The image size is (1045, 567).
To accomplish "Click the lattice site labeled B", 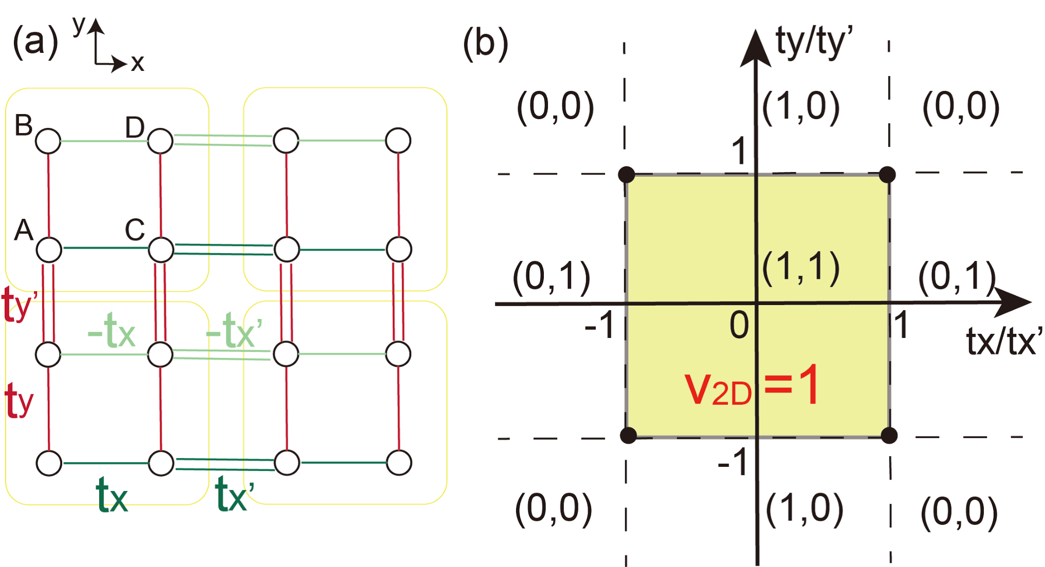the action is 48,141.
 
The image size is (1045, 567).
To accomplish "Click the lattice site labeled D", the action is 160,141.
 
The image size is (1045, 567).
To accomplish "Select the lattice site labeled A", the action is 49,250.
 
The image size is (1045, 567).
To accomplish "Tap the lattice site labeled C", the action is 161,250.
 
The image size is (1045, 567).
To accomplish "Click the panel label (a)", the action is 35,42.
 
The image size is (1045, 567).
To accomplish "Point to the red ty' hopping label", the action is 20,305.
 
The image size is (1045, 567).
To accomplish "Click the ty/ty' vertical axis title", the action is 814,42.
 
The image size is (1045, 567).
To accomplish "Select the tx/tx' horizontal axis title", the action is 1004,341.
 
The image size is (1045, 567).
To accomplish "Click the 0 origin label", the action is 739,326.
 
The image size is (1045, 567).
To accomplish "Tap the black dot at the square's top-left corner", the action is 627,175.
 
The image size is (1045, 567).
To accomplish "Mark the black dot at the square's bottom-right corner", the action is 889,436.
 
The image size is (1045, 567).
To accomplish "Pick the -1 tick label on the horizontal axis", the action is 599,326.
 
